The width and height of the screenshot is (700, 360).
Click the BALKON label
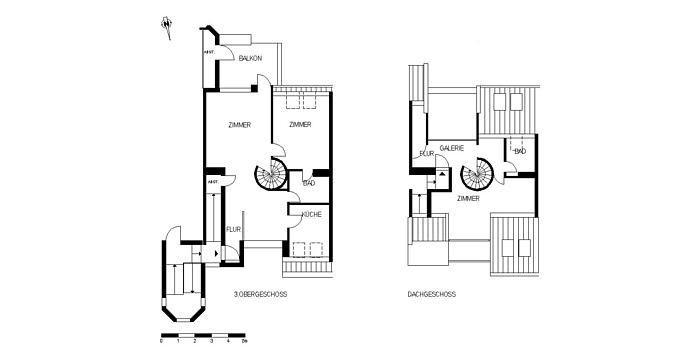click(x=251, y=60)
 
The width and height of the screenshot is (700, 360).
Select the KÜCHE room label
click(x=311, y=215)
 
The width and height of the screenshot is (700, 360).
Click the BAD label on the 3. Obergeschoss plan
click(x=309, y=182)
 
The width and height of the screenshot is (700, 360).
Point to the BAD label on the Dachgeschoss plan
click(x=520, y=150)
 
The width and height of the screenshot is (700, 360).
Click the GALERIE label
click(x=452, y=147)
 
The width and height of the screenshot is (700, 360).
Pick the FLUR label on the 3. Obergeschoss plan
click(x=233, y=229)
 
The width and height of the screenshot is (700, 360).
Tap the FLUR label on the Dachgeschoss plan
click(x=427, y=154)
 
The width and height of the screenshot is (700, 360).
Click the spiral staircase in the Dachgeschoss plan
click(x=477, y=178)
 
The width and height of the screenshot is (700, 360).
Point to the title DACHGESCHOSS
click(x=432, y=294)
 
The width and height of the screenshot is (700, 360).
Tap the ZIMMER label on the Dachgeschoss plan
click(x=467, y=200)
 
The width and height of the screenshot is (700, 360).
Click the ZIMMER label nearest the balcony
click(x=239, y=125)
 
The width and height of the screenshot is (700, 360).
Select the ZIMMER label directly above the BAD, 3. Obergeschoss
click(x=299, y=125)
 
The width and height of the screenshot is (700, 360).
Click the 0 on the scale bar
click(x=161, y=340)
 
